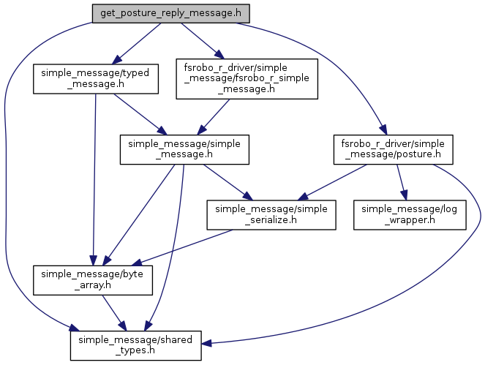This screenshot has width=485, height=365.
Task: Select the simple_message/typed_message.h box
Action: click(x=95, y=79)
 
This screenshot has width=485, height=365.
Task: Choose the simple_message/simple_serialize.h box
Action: click(x=271, y=214)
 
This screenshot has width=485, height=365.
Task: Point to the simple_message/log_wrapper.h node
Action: click(x=410, y=214)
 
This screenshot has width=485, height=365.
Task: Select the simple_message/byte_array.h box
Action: click(x=93, y=279)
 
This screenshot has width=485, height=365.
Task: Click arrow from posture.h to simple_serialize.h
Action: click(x=337, y=180)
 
